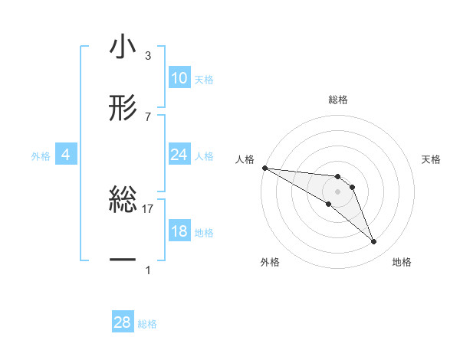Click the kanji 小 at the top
tap(122, 48)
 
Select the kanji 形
tap(122, 108)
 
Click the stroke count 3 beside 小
tap(147, 56)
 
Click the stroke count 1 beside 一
tap(147, 270)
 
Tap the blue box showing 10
tap(179, 78)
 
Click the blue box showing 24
tap(179, 155)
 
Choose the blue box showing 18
tap(179, 231)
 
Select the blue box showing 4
tap(66, 155)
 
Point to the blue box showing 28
tap(122, 322)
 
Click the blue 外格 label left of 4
tap(41, 155)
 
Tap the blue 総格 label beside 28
tap(147, 324)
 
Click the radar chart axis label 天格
tap(431, 159)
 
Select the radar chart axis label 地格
tap(402, 262)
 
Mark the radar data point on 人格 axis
tap(264, 168)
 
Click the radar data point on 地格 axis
tap(373, 242)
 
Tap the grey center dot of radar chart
tap(337, 191)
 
